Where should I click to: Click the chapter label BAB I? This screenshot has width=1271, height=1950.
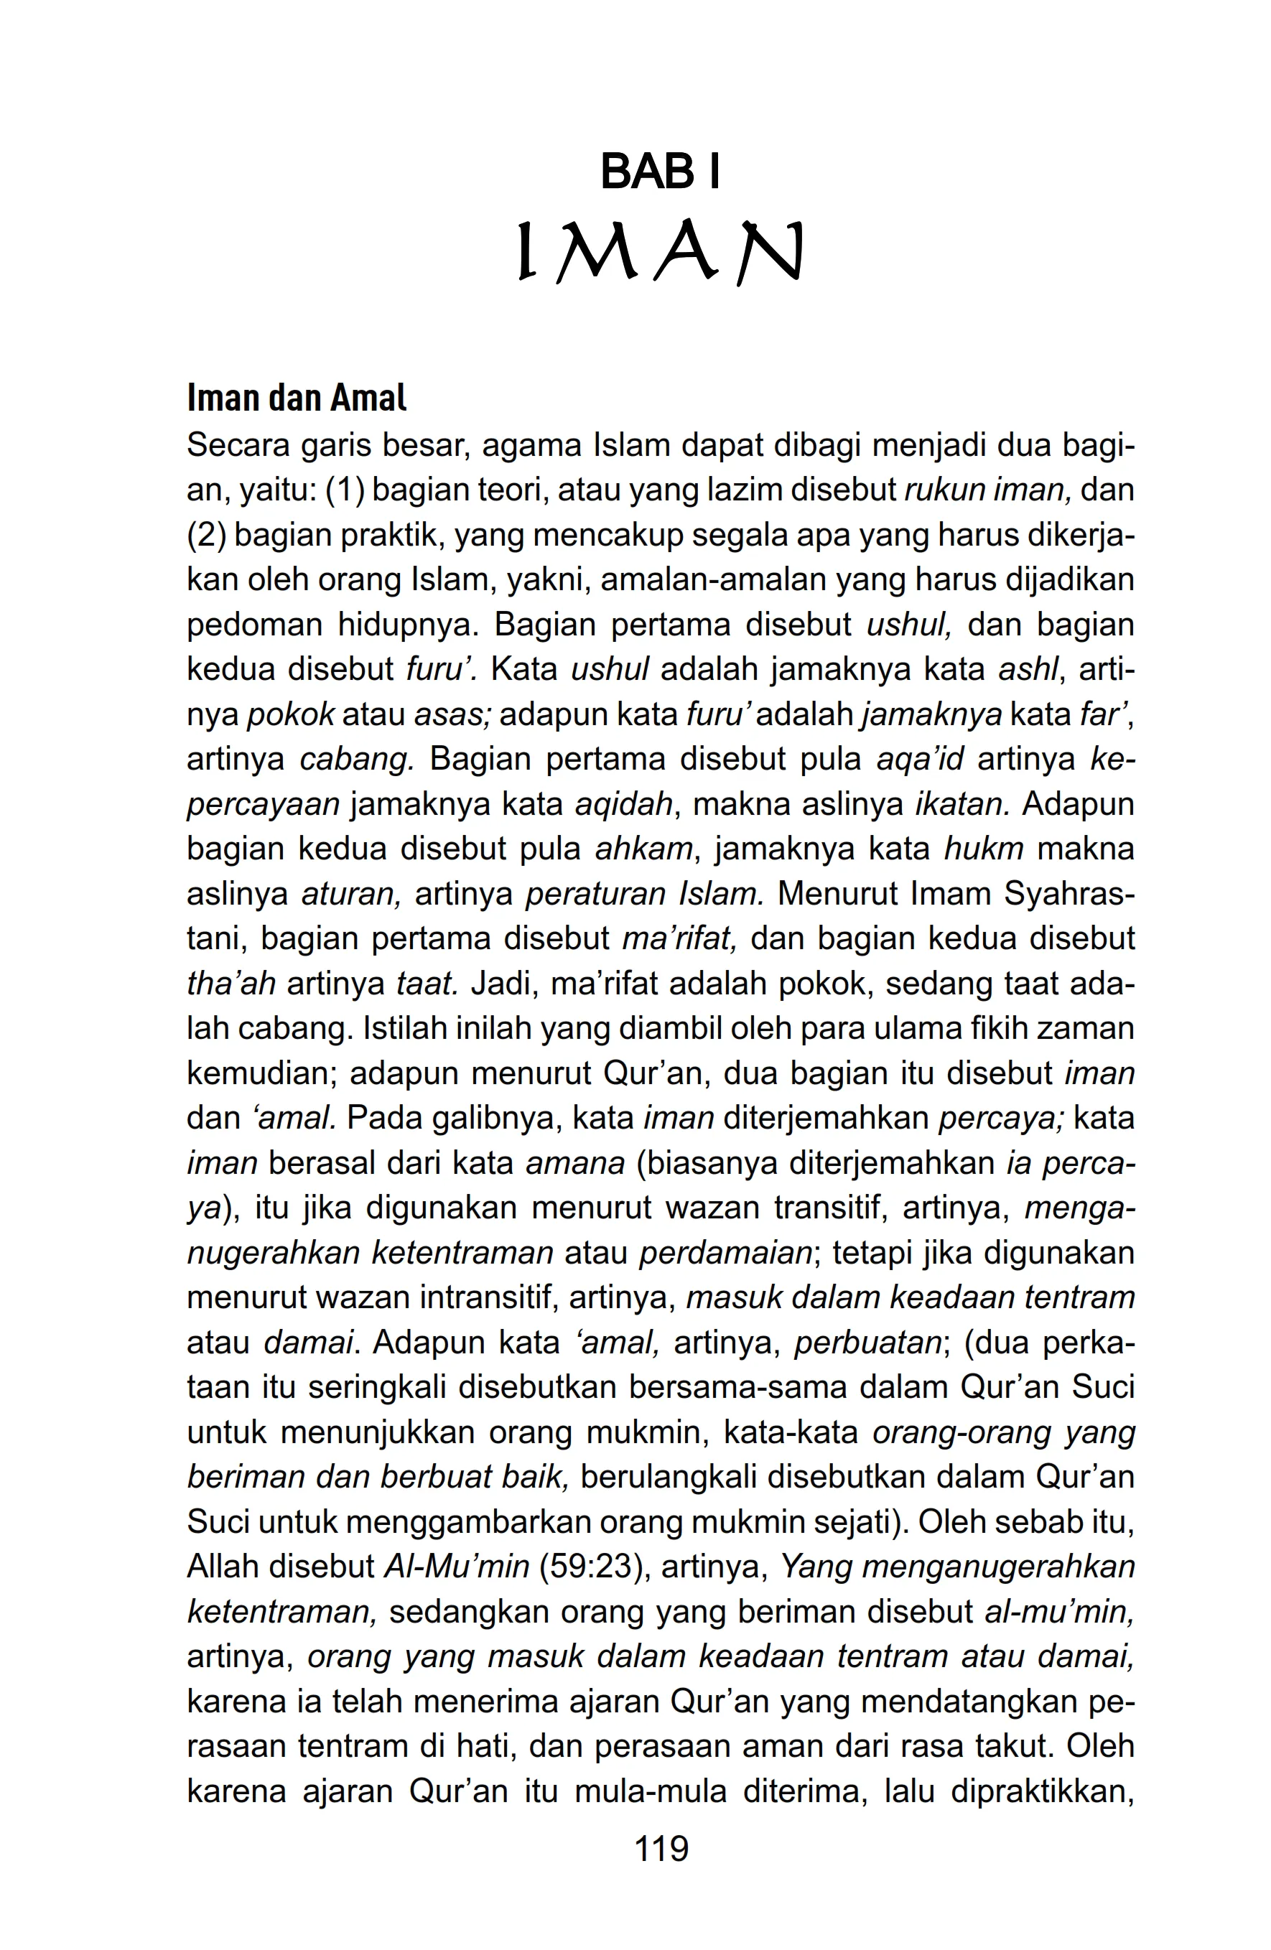659,172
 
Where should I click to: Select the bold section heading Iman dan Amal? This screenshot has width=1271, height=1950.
297,398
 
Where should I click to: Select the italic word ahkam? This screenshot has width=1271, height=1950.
644,849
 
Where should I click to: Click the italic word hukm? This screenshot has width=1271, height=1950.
983,849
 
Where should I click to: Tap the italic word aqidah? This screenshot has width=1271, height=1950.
623,803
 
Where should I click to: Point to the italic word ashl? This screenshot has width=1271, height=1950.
1028,669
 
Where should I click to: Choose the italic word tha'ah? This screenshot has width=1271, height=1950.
232,983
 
